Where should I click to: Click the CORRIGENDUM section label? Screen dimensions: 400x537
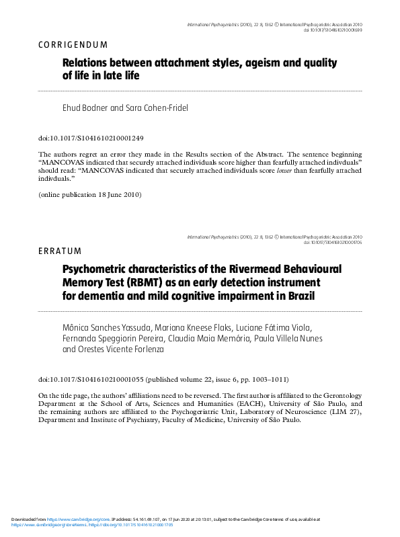click(x=69, y=45)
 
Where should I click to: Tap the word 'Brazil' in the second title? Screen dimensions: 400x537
click(x=293, y=296)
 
